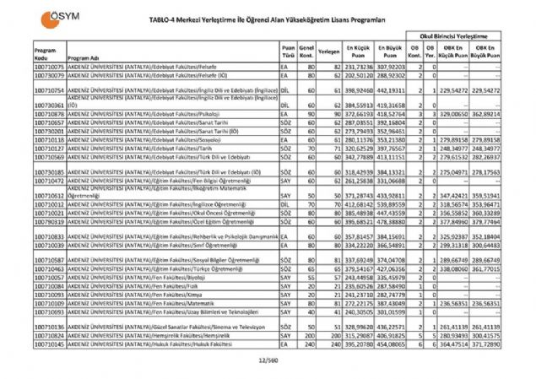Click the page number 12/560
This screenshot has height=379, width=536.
pos(268,358)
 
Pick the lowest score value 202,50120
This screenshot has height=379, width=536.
pos(358,73)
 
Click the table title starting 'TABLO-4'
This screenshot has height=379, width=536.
pos(267,18)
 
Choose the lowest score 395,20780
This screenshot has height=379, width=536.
pos(358,344)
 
